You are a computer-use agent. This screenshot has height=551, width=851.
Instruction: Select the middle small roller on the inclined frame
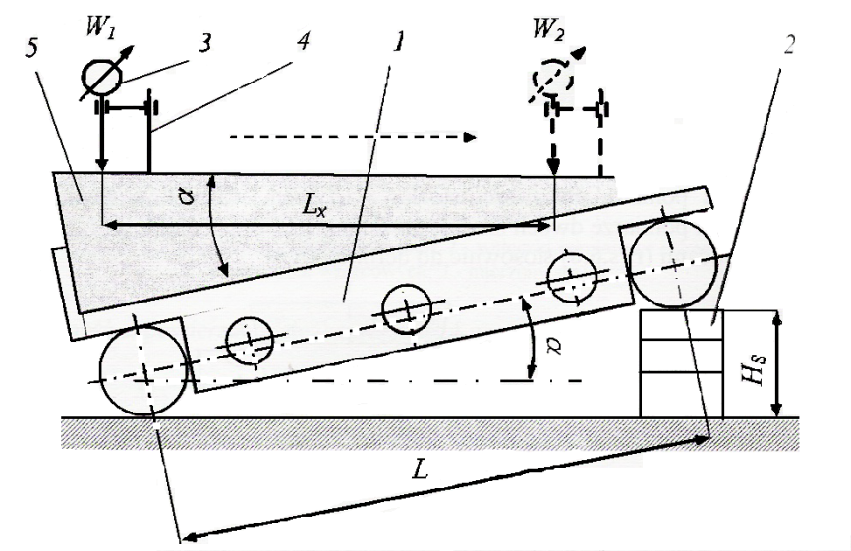[x=405, y=310]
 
